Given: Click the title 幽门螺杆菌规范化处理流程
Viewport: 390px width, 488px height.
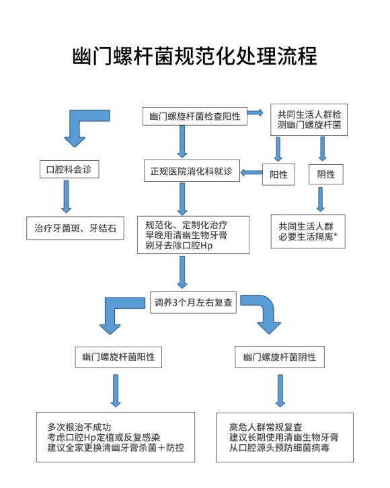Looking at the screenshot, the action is tap(195, 56).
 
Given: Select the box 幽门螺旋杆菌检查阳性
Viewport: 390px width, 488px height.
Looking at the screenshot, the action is tap(195, 116).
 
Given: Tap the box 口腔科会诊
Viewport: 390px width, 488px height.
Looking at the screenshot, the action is tap(69, 170).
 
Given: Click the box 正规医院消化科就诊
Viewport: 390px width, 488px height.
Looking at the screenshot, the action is tap(192, 171).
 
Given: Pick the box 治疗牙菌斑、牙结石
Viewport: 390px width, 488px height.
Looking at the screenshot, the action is tap(75, 228).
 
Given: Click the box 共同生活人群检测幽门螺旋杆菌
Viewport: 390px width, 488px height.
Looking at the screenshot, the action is tap(309, 120).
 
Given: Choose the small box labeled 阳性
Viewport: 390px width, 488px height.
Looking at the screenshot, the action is tap(278, 174).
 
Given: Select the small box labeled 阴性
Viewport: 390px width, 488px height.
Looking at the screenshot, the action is tap(326, 174).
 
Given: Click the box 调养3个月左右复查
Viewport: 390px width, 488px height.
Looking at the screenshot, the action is tap(193, 302).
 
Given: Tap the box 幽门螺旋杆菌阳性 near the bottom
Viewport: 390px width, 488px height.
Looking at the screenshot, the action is tap(118, 357).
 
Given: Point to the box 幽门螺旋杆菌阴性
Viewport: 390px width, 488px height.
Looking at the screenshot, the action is tap(280, 357).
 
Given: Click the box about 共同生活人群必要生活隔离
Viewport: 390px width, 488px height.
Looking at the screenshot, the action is tap(308, 232).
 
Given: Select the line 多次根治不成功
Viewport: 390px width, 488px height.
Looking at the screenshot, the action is tap(79, 427).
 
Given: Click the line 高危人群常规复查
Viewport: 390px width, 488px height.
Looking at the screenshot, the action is tap(266, 427).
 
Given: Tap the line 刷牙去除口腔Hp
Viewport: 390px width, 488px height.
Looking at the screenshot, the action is tap(179, 246).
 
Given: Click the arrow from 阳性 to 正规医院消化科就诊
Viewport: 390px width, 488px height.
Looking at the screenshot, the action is tap(251, 172).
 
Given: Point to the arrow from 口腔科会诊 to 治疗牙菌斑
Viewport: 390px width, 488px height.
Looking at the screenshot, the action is tap(67, 197).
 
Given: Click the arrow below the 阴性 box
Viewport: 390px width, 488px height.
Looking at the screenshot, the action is tap(320, 199).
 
